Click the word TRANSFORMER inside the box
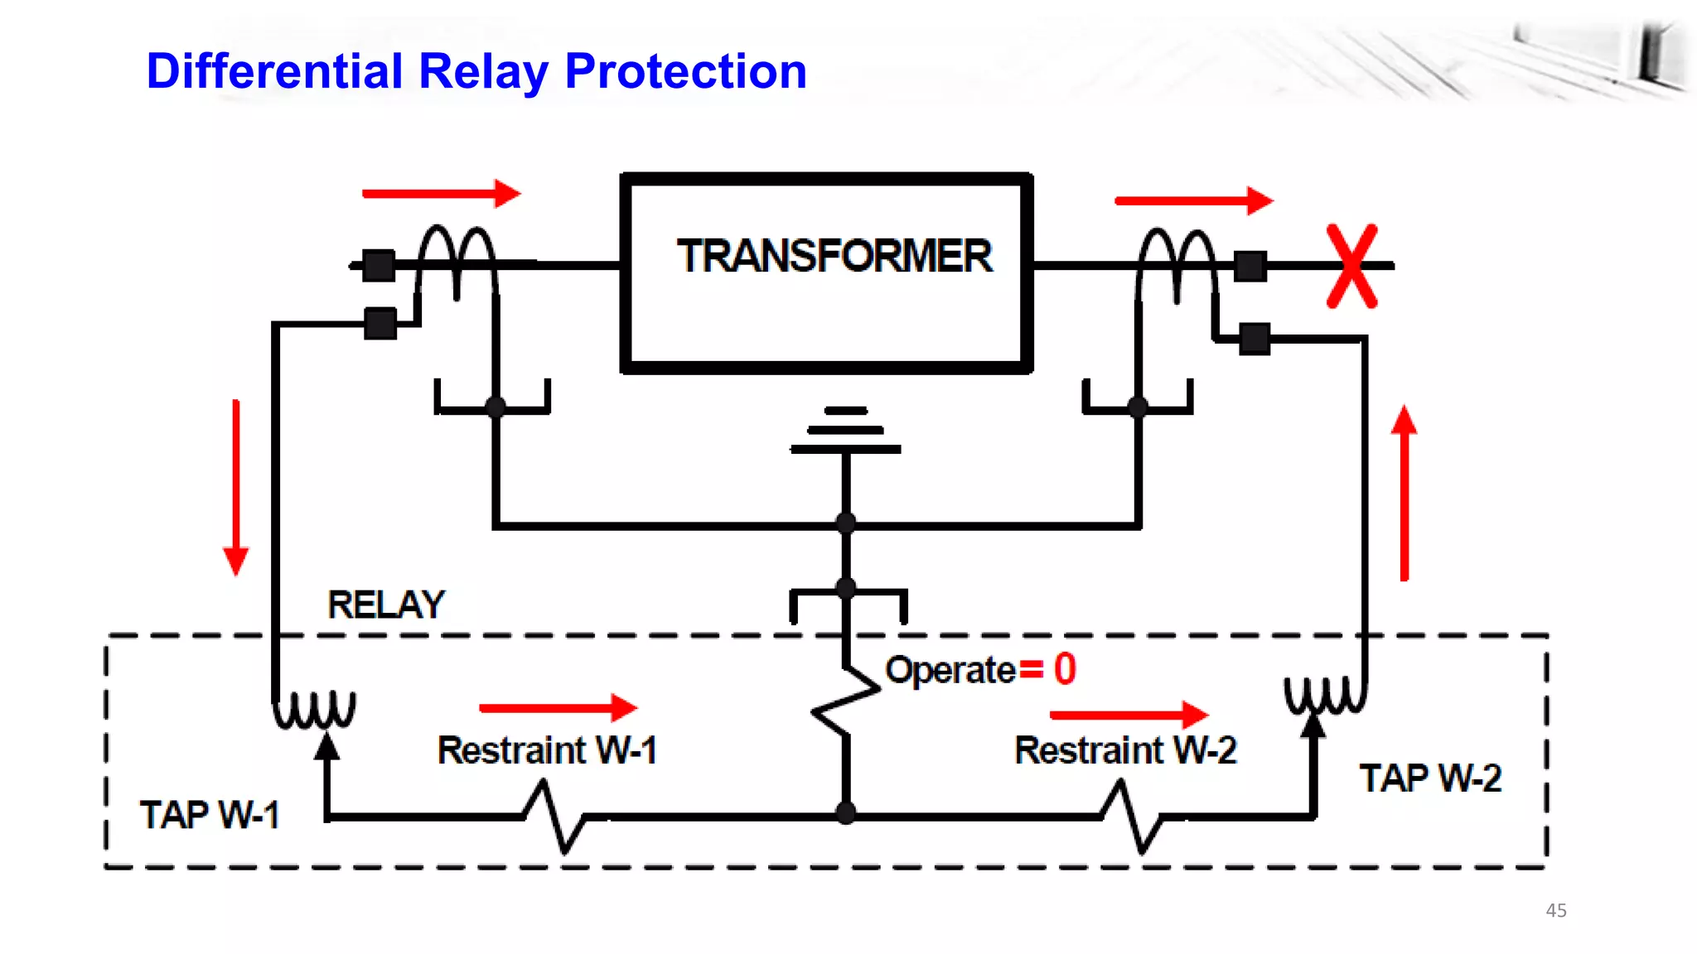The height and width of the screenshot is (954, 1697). point(834,256)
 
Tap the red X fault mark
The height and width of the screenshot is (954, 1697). point(1351,266)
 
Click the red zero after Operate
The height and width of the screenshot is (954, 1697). point(1065,669)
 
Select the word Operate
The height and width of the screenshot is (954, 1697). point(950,670)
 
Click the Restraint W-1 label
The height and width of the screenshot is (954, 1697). point(547,750)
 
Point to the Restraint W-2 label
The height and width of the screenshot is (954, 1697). point(1124,750)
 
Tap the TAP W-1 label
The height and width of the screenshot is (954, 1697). point(209,815)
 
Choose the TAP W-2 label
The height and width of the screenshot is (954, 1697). point(1430,778)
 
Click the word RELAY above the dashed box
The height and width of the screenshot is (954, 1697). point(386,605)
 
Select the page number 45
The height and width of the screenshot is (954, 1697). point(1555,910)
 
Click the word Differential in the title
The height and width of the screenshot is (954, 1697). point(273,71)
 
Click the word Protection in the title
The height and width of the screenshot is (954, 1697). point(685,71)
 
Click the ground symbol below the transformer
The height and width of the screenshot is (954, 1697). point(845,431)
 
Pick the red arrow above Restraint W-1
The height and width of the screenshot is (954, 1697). point(558,707)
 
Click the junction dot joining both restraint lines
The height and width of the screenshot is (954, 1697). point(846,813)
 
